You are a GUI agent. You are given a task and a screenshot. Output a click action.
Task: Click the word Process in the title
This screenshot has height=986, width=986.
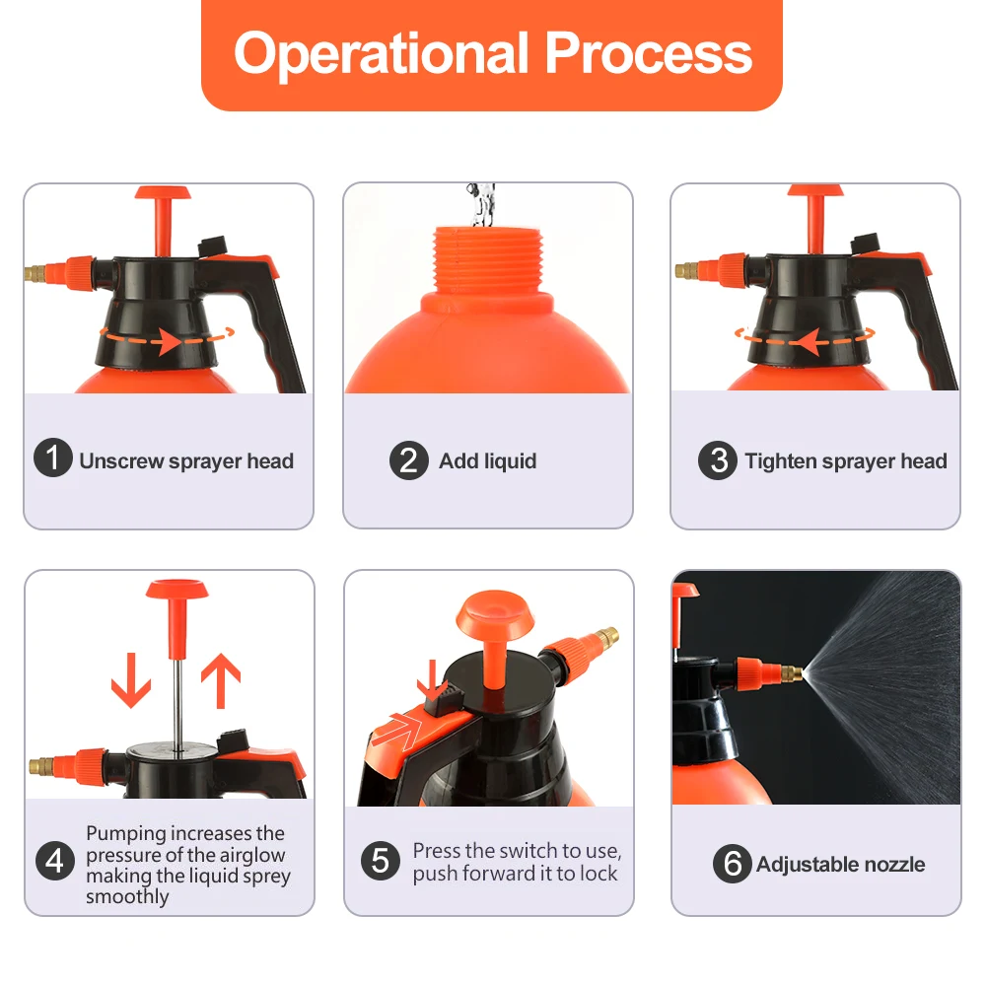[649, 53]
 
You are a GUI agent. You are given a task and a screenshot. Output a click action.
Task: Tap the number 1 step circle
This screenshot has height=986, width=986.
[53, 458]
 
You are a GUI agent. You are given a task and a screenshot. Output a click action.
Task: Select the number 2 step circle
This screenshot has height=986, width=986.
[409, 460]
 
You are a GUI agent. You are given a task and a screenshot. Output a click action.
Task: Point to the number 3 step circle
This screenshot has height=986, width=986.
[718, 460]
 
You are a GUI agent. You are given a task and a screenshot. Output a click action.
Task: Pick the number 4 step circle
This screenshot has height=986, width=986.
[54, 861]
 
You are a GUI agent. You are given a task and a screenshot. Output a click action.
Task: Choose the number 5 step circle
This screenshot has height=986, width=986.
[381, 861]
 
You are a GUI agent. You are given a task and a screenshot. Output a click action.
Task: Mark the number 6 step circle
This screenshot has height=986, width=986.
[733, 864]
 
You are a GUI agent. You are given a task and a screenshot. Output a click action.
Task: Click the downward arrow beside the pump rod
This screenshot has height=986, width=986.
[131, 680]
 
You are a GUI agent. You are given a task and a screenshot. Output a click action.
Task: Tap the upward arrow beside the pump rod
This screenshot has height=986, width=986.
[221, 680]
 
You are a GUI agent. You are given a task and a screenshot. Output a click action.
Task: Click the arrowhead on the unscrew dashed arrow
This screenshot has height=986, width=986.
[170, 341]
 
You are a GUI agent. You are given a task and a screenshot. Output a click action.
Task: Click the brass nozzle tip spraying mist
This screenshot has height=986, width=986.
[792, 674]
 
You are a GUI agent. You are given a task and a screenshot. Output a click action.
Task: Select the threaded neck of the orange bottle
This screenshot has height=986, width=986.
[488, 259]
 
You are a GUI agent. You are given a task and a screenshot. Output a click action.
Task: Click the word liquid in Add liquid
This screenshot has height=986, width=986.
[511, 461]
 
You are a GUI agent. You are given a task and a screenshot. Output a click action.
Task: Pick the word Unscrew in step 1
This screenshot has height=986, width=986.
[121, 460]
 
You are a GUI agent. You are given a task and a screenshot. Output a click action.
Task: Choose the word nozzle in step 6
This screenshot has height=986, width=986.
[895, 864]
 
